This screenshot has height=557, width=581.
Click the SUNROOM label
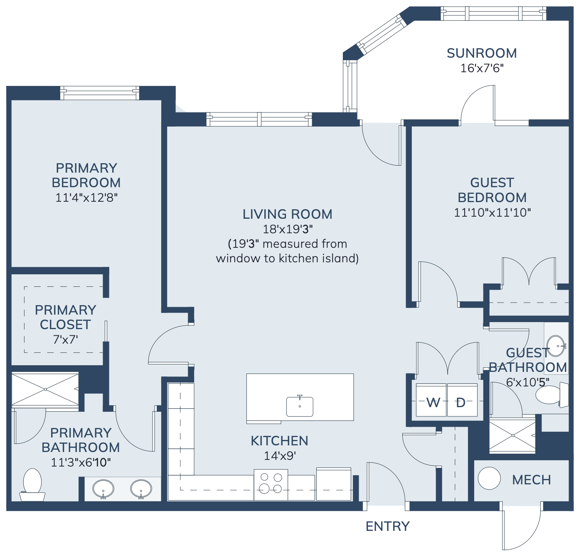click(x=482, y=53)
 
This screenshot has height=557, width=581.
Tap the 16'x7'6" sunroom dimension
click(x=482, y=68)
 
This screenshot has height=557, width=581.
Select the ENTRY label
click(x=387, y=526)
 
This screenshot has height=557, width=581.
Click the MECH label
click(x=531, y=480)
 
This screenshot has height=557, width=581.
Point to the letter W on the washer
click(x=433, y=402)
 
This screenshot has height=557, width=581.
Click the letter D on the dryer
click(x=461, y=402)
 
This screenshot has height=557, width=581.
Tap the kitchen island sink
click(x=300, y=406)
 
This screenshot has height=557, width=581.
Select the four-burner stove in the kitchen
click(x=271, y=484)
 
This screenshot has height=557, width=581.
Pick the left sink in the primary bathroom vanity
click(x=103, y=489)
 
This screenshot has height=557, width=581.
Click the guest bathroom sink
click(x=556, y=346)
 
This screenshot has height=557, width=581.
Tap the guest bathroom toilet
click(x=551, y=395)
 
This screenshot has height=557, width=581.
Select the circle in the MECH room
click(x=489, y=478)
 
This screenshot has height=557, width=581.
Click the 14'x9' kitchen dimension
click(x=280, y=456)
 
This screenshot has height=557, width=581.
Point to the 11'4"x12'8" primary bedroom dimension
click(x=86, y=197)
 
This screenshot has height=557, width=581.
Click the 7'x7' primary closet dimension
click(x=65, y=340)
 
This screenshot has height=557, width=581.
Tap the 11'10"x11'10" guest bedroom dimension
click(x=492, y=213)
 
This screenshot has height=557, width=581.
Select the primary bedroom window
click(x=100, y=93)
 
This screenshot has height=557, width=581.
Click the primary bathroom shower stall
click(x=45, y=389)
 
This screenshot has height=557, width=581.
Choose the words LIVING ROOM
click(x=287, y=214)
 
